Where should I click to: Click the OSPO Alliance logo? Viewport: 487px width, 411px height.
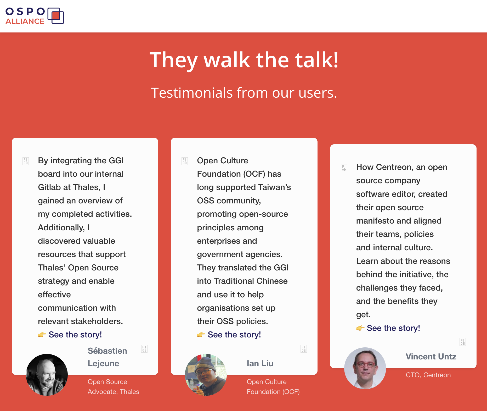tap(35, 16)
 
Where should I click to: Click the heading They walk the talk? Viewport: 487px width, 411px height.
tap(244, 60)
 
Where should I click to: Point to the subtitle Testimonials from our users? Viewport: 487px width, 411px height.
tap(244, 93)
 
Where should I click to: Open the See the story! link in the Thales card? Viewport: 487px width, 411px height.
tap(75, 335)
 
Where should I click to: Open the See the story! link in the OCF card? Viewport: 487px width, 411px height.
tap(234, 335)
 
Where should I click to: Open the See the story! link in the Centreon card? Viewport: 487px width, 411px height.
tap(393, 328)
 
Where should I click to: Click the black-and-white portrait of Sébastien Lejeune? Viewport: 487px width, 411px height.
tap(47, 375)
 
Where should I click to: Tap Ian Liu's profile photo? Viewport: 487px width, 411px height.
tap(206, 375)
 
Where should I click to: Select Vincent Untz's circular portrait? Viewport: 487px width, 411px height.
tap(365, 368)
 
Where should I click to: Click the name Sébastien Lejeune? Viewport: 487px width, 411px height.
tap(107, 357)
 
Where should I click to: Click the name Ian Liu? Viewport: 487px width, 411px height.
tap(260, 363)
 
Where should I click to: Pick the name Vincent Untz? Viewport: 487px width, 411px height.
tap(431, 357)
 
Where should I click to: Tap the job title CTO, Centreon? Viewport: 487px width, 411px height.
tap(428, 375)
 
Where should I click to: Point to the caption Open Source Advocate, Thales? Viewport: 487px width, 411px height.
tap(113, 387)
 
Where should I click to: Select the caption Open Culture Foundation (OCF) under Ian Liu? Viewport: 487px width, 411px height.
tap(273, 387)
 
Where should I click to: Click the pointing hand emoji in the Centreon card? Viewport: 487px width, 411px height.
tap(360, 328)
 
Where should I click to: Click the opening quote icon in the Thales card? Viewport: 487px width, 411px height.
tap(26, 161)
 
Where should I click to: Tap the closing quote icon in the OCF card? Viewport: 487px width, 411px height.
tap(303, 349)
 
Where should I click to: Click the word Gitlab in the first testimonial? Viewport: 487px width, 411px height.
tap(49, 187)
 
